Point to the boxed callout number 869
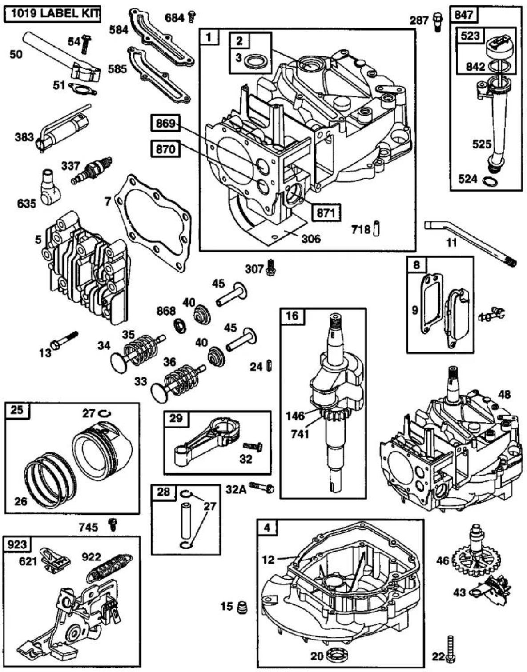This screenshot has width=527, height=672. pos(165,124)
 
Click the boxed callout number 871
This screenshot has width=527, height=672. pos(326,213)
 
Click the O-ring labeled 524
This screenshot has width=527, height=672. pos(491,181)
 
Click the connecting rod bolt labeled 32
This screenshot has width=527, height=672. pos(253,446)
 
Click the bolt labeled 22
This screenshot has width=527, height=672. pos(451,644)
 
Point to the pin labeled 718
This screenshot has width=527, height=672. pos(377,228)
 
